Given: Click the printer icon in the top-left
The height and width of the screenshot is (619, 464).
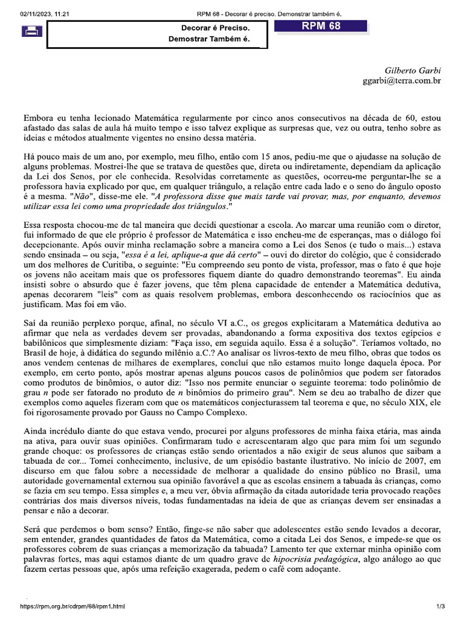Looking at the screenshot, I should coord(32,31).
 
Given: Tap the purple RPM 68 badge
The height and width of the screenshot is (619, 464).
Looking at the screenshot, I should coord(321,26).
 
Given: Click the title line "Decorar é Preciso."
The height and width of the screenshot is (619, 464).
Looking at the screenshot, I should coord(215,28).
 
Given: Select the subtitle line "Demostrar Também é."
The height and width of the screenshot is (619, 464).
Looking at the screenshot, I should coord(209,40).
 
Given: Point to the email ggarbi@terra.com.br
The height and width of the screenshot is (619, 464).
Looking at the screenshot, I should coord(401,80).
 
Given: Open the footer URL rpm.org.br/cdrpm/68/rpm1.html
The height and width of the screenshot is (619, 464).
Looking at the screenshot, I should coord(72,606).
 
